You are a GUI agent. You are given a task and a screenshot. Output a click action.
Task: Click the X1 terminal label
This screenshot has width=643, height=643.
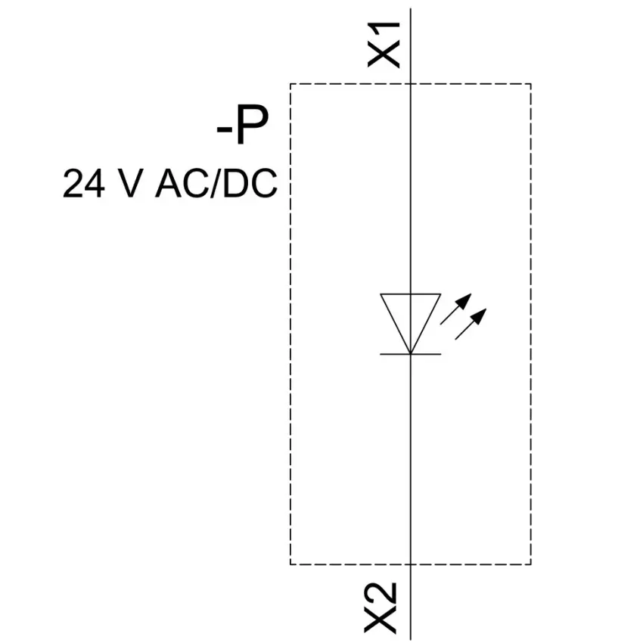click(384, 45)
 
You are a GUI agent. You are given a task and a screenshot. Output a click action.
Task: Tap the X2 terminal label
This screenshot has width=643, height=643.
click(381, 608)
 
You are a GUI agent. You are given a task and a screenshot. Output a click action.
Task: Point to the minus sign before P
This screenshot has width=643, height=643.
click(225, 130)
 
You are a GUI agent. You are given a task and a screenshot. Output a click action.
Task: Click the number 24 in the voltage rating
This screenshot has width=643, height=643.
click(84, 183)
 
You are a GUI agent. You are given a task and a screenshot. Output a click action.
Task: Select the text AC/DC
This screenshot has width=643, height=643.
click(216, 183)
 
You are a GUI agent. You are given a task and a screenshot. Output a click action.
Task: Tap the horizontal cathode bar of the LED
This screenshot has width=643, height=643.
click(411, 354)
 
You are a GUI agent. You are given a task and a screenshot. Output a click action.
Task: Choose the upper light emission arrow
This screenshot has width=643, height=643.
click(456, 309)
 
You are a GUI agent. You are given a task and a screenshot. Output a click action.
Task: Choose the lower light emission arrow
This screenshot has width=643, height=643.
click(471, 324)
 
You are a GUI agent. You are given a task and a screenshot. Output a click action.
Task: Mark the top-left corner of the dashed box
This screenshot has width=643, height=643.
click(290, 84)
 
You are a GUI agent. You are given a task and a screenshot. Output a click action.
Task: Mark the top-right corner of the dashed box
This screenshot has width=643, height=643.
click(531, 84)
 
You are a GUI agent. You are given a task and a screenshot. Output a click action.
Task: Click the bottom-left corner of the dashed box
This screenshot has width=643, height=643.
click(290, 564)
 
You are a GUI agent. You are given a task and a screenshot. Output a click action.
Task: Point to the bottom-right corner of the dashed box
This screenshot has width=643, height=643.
click(531, 564)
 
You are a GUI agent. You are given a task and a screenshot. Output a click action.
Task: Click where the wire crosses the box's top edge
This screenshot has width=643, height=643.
click(411, 84)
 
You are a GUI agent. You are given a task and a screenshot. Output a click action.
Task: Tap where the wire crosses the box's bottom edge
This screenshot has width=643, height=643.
click(411, 564)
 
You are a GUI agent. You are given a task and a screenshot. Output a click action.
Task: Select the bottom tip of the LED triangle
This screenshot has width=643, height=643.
click(411, 353)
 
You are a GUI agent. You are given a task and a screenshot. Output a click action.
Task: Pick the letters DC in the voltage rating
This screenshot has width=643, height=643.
click(250, 183)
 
